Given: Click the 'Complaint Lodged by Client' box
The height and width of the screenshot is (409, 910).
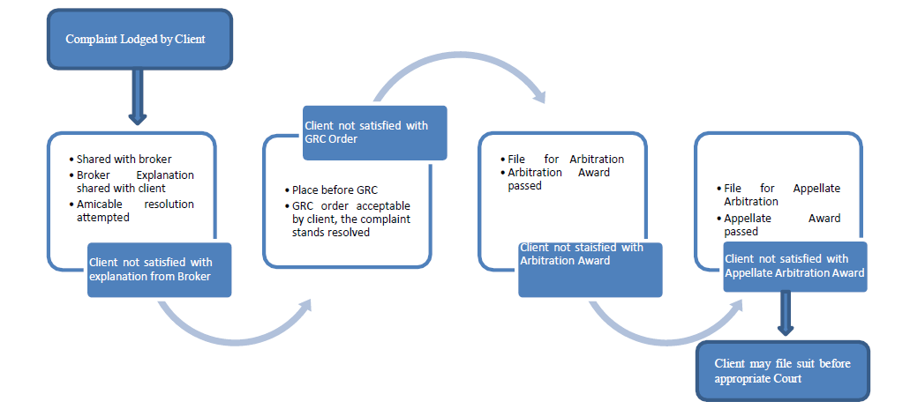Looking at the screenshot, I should pyautogui.click(x=139, y=39).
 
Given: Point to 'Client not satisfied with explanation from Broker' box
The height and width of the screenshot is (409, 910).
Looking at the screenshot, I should pyautogui.click(x=160, y=269).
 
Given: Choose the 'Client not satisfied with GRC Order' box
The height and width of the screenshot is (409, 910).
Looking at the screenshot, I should pyautogui.click(x=374, y=132).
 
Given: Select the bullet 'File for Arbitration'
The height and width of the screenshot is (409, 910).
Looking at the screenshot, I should pyautogui.click(x=566, y=160).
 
